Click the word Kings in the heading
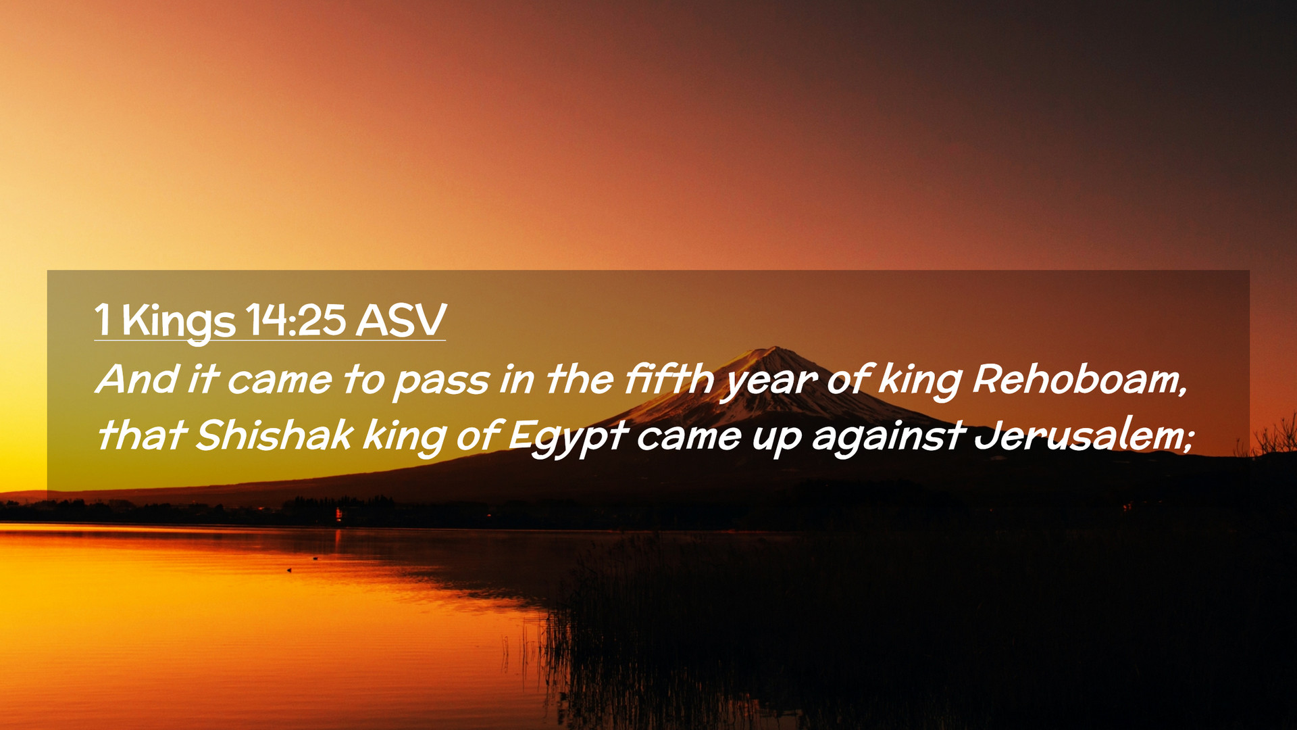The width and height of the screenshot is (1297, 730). pyautogui.click(x=179, y=322)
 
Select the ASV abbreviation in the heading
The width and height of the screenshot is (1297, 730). pyautogui.click(x=401, y=319)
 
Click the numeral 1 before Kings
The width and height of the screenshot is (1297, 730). pyautogui.click(x=103, y=319)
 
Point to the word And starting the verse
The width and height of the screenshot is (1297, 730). pyautogui.click(x=138, y=379)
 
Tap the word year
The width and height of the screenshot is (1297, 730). pyautogui.click(x=769, y=383)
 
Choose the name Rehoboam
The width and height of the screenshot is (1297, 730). pyautogui.click(x=1079, y=379)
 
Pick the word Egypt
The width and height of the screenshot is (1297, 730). pyautogui.click(x=569, y=438)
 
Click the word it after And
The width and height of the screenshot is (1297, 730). pyautogui.click(x=202, y=379)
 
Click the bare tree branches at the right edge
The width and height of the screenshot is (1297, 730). pyautogui.click(x=1270, y=436)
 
